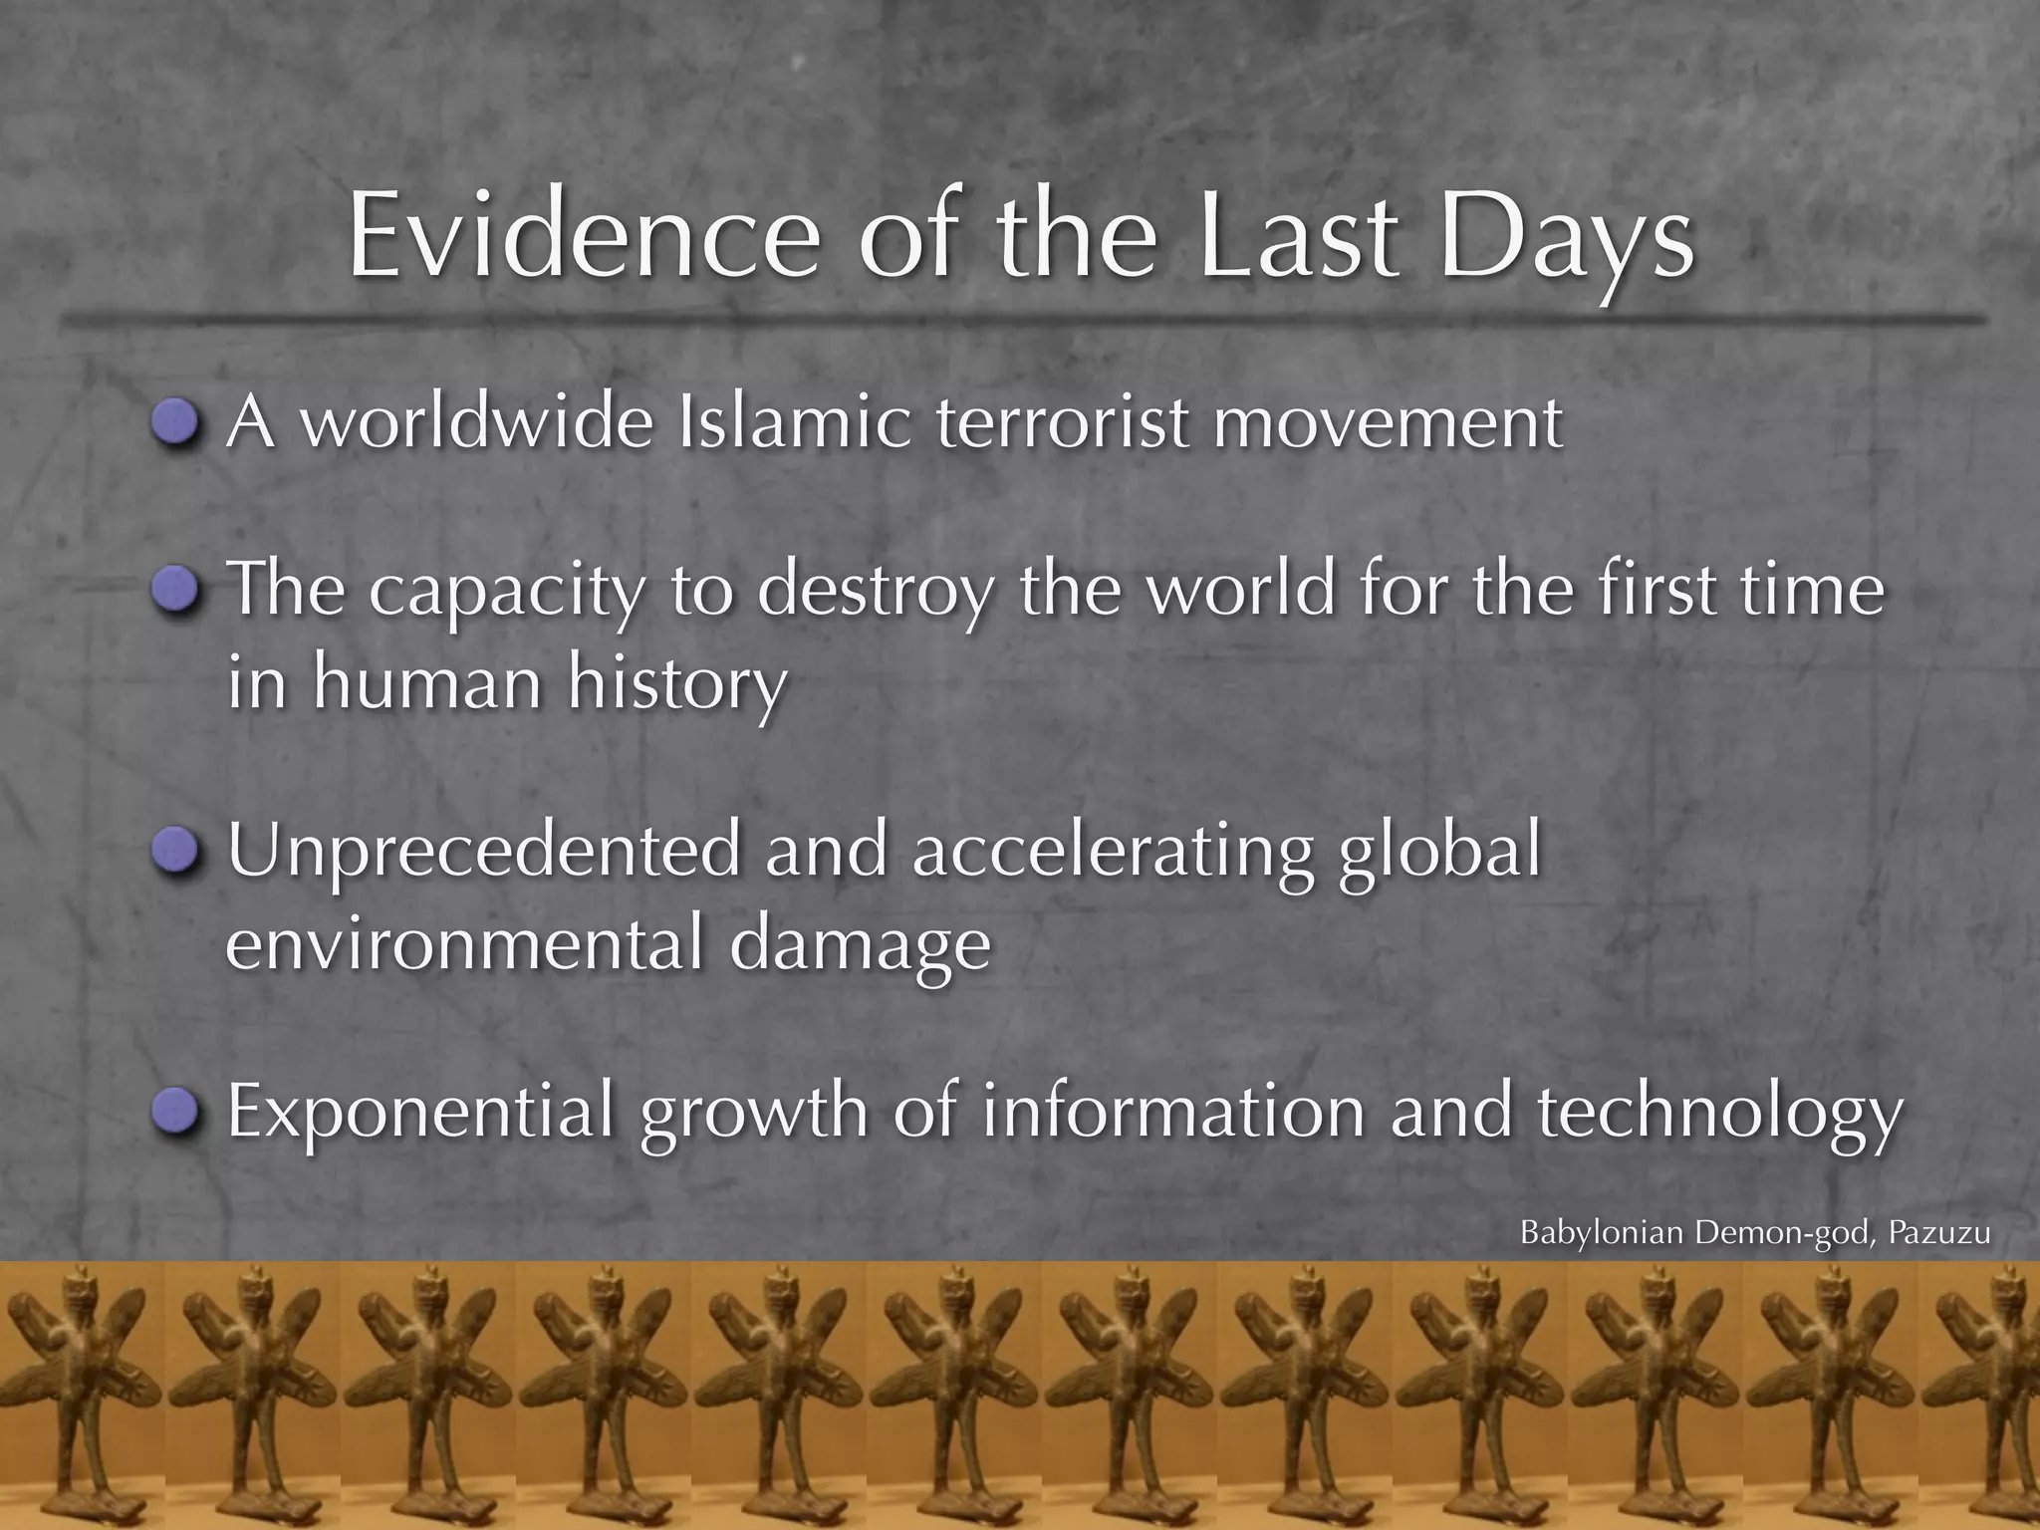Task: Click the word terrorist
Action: click(x=1063, y=422)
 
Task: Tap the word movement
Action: click(x=1388, y=422)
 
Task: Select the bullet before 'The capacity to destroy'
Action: click(x=177, y=591)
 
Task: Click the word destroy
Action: click(x=875, y=591)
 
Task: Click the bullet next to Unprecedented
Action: click(x=177, y=851)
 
